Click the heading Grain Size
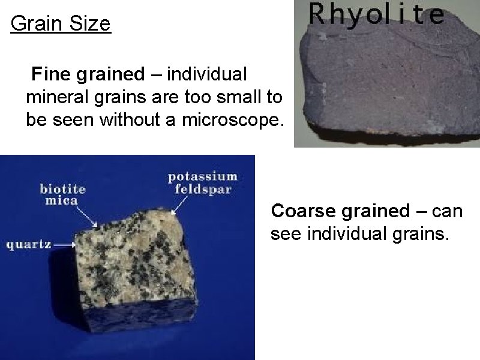pos(61,24)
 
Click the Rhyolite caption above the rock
pos(376,15)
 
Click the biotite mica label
pos(62,194)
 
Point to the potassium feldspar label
pos(202,182)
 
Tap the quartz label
pos(28,244)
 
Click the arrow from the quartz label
pos(64,244)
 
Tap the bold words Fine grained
pos(88,74)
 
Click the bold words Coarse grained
pos(340,211)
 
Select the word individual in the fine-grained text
pos(207,74)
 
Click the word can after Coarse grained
pos(447,211)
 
